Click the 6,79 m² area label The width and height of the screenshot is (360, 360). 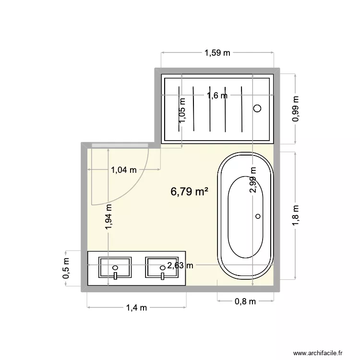click(189, 192)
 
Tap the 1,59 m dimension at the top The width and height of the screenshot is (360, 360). click(217, 53)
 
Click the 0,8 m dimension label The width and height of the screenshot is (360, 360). click(245, 301)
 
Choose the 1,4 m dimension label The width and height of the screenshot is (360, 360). click(136, 308)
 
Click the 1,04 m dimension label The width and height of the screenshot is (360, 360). click(124, 169)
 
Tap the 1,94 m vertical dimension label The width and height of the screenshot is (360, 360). click(109, 219)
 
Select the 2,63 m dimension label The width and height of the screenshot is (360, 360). click(180, 265)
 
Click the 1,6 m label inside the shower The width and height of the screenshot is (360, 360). click(217, 95)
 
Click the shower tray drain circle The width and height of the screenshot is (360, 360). click(258, 108)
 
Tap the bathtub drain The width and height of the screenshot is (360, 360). click(258, 216)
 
